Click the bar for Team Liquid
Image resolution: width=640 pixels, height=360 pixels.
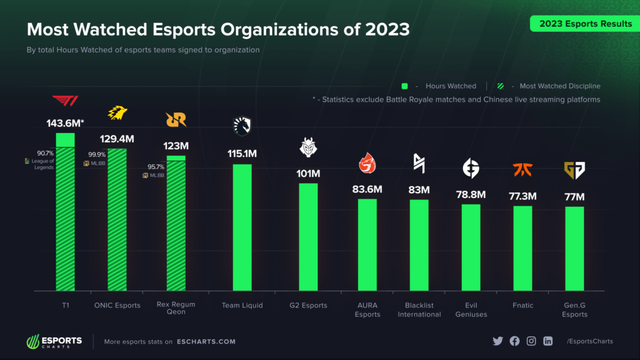(x=242, y=227)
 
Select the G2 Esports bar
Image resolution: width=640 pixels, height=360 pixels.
(x=308, y=237)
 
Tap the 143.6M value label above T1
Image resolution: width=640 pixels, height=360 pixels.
(x=65, y=123)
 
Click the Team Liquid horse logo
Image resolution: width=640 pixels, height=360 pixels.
(x=242, y=126)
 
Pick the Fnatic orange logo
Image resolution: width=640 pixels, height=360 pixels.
(x=522, y=169)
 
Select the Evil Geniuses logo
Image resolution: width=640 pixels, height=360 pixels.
(x=471, y=169)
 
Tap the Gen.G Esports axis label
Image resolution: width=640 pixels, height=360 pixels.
(x=574, y=310)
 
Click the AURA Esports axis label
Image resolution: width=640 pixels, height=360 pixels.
(x=367, y=310)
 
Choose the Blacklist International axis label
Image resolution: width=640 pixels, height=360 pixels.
(x=419, y=310)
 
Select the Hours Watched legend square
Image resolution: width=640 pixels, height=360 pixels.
(x=404, y=86)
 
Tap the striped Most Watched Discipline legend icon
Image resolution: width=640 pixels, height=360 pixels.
(x=501, y=86)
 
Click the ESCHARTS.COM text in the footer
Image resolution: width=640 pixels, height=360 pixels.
(x=206, y=342)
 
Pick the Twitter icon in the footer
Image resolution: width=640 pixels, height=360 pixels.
(x=497, y=341)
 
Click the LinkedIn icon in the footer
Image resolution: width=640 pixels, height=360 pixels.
(x=548, y=341)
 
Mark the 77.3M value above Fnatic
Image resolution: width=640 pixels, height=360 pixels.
(x=522, y=196)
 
